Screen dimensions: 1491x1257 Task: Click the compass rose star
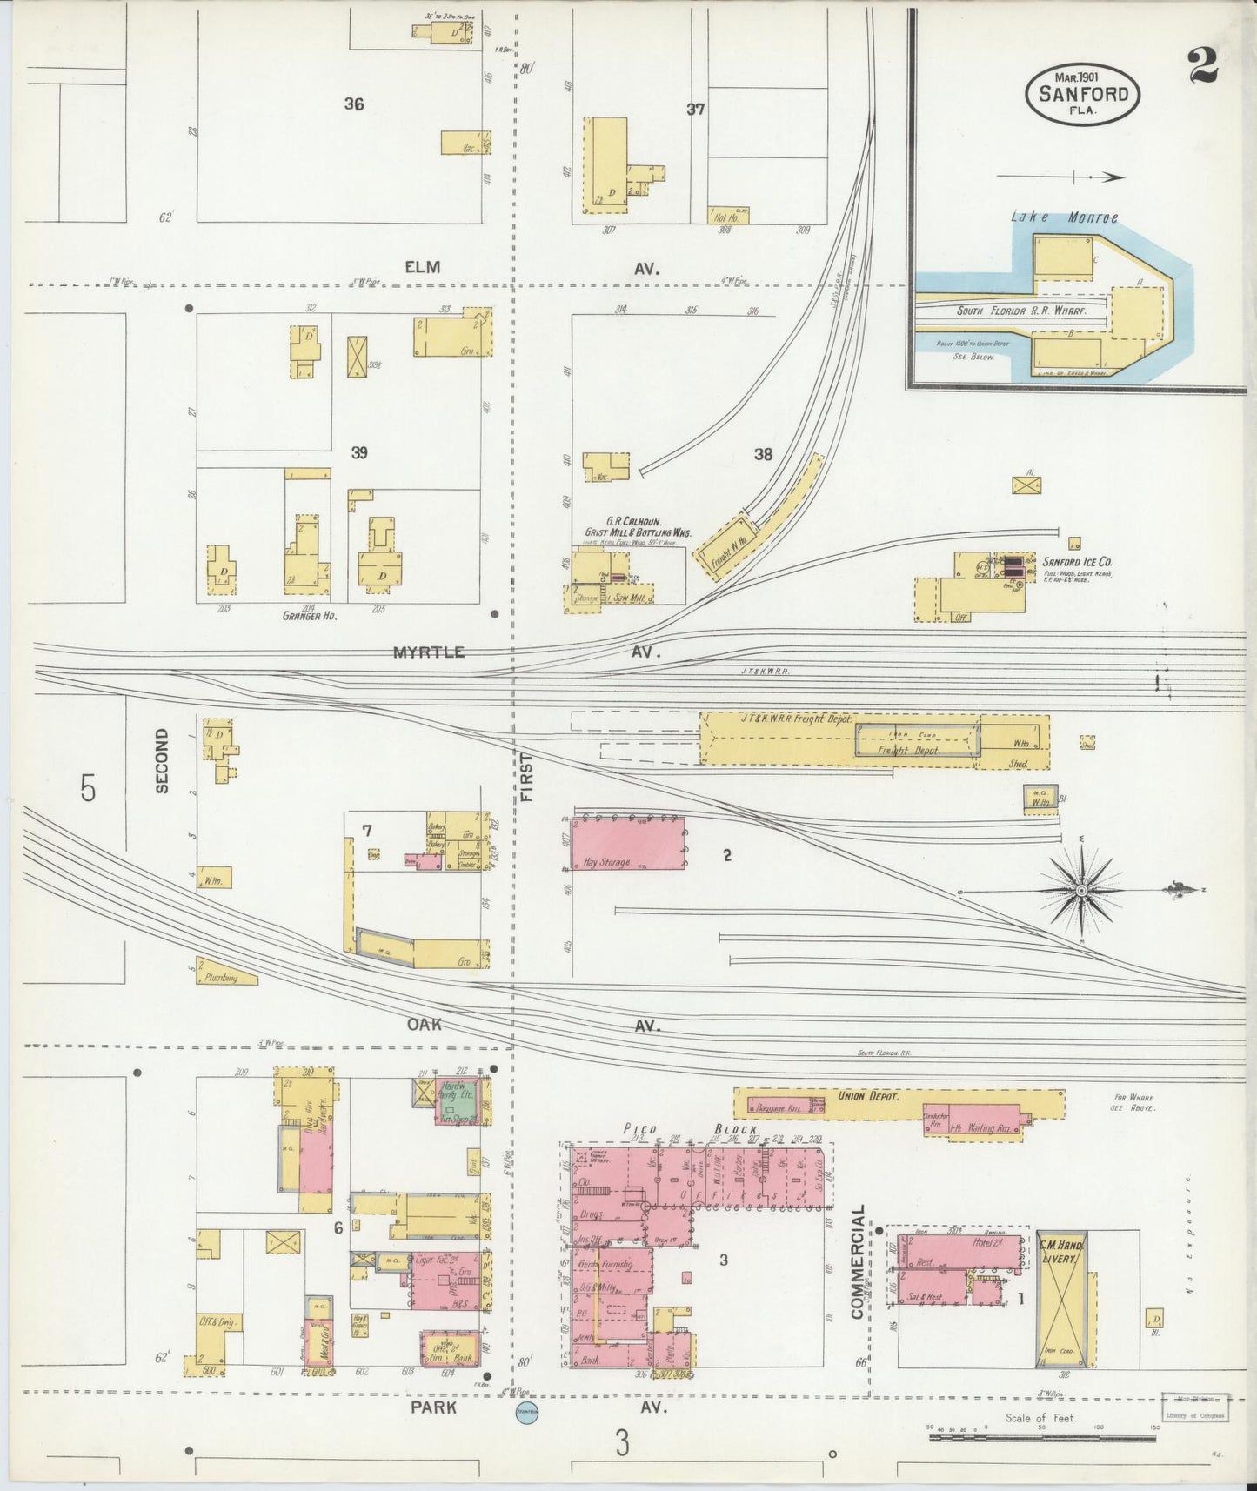click(x=1081, y=890)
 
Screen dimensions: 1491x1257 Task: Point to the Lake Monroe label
click(x=1064, y=217)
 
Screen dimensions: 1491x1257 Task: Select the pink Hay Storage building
click(x=627, y=843)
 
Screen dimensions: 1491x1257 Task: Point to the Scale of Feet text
click(x=1040, y=1418)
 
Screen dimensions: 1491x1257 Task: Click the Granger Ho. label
click(x=309, y=615)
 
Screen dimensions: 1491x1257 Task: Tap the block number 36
click(x=353, y=104)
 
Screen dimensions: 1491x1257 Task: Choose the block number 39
click(x=359, y=453)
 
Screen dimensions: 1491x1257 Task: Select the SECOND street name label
click(x=162, y=761)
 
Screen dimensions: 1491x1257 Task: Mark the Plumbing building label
click(x=221, y=978)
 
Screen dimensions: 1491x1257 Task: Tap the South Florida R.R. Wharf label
click(x=1007, y=310)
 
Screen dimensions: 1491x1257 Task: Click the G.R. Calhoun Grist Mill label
click(x=637, y=527)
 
